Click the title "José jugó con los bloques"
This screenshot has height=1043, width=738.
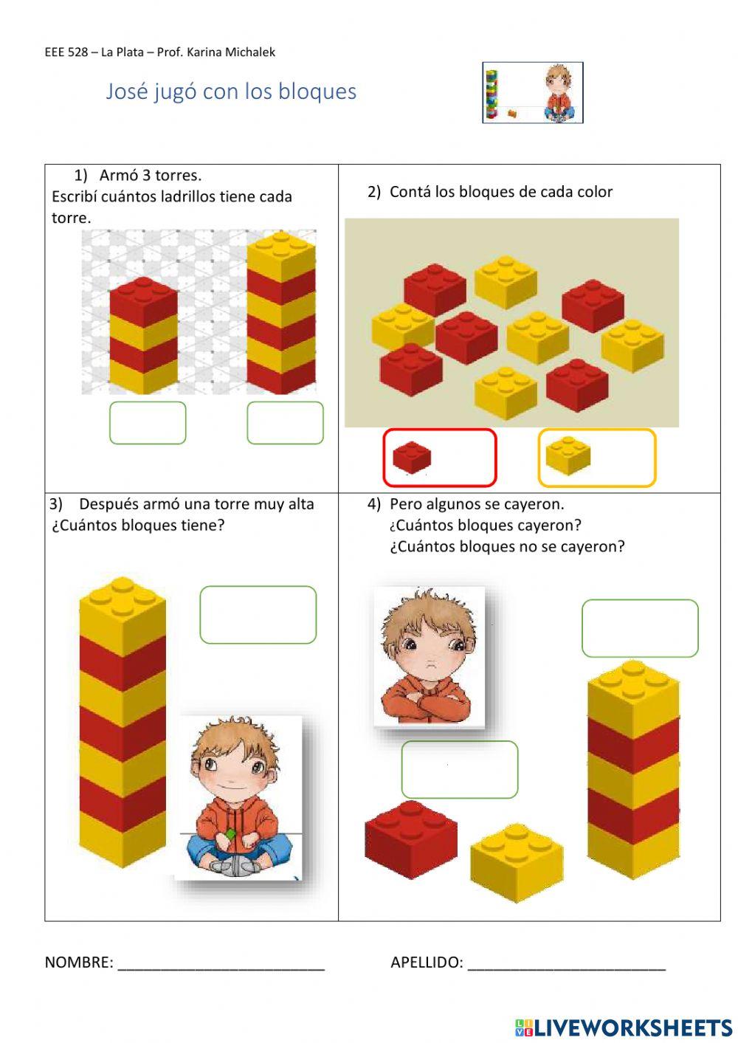pos(231,92)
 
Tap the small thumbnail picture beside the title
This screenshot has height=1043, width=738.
pos(533,93)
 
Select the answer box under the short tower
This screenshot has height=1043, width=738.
pos(148,423)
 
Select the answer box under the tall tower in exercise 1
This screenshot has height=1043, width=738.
pos(285,423)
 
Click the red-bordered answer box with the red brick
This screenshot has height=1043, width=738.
pos(440,458)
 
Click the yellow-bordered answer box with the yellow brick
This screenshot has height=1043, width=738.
pos(597,458)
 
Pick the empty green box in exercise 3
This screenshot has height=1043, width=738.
pos(258,615)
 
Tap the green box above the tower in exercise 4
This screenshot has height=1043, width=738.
pos(641,628)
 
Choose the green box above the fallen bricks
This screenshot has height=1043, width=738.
pos(460,769)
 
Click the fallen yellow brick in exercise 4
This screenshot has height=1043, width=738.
pos(517,862)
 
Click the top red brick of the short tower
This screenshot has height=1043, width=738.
pos(143,300)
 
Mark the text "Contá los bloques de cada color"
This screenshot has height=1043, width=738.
pos(501,192)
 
